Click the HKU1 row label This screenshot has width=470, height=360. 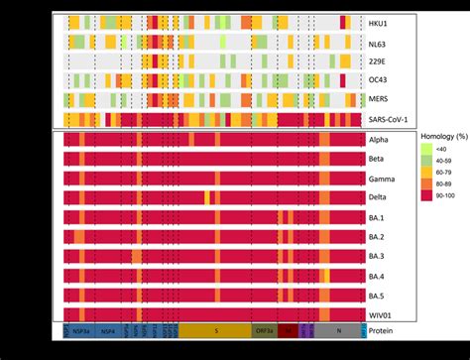(378, 22)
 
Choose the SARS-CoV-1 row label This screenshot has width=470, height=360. (389, 119)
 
